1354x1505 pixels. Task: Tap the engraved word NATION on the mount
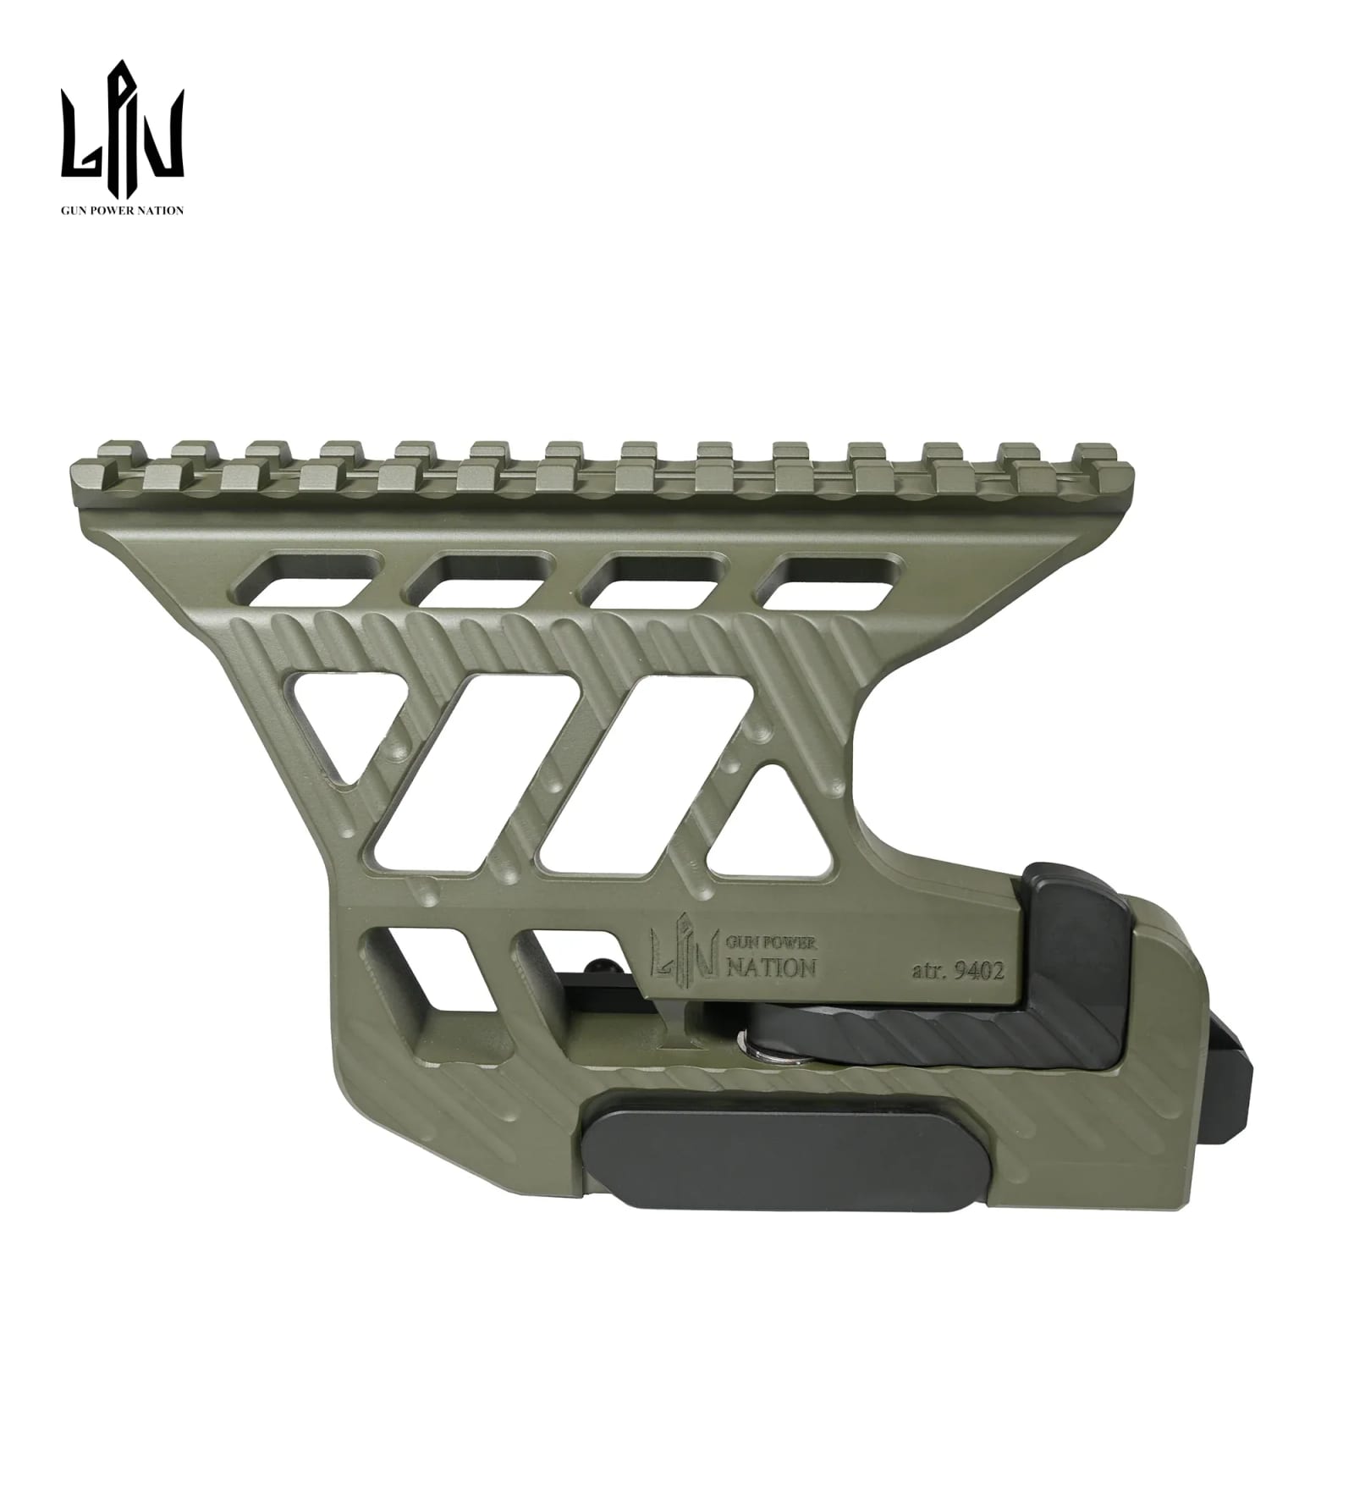[x=772, y=968]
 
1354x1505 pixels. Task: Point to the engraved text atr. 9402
[x=958, y=971]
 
